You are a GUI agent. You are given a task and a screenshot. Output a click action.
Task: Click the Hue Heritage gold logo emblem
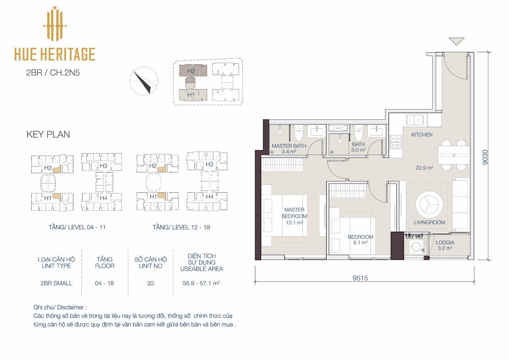click(54, 24)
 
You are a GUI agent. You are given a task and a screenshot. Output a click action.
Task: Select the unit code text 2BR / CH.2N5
click(53, 73)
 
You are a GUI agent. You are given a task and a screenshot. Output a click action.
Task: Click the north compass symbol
click(144, 81)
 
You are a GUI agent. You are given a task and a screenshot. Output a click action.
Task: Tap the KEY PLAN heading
click(48, 134)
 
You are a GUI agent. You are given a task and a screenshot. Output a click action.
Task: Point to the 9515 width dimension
click(360, 278)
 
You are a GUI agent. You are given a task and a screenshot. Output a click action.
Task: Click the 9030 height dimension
click(485, 157)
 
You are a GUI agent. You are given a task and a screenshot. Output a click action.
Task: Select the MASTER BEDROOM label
click(294, 213)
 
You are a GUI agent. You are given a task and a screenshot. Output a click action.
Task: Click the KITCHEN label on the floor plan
click(422, 135)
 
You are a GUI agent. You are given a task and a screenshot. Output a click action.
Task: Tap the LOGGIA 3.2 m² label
click(445, 245)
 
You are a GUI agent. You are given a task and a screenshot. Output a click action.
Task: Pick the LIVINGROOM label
click(429, 222)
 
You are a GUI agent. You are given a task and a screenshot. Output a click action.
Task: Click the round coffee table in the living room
click(429, 204)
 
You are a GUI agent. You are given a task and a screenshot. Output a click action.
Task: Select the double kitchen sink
click(415, 120)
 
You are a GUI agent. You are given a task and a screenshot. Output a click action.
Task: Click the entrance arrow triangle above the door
click(456, 41)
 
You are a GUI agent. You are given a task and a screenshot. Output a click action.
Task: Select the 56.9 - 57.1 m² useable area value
click(201, 283)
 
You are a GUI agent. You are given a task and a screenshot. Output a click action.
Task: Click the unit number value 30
click(150, 283)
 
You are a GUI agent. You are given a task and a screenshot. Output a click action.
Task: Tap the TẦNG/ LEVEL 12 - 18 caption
click(181, 227)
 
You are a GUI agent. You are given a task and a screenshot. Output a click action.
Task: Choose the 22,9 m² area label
click(424, 168)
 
